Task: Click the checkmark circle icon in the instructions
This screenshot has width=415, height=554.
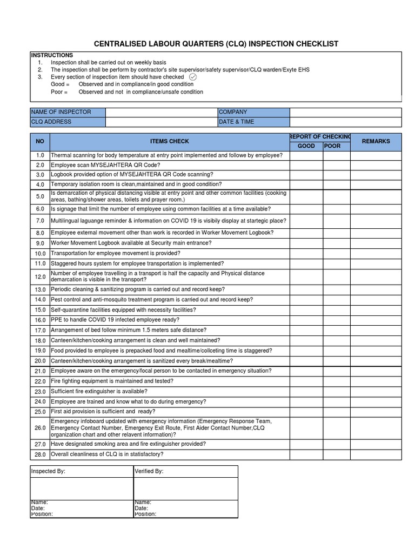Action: [x=193, y=77]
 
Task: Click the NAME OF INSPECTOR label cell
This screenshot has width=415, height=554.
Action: [x=68, y=112]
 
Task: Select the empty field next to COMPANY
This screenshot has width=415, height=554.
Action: [x=345, y=112]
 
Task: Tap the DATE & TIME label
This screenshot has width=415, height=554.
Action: [x=253, y=122]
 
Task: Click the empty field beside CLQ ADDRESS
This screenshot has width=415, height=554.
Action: [x=161, y=122]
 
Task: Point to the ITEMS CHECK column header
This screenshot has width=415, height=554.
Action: [x=169, y=141]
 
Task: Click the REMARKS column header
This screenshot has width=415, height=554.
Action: [x=376, y=141]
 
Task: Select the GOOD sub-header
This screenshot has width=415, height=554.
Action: [x=306, y=146]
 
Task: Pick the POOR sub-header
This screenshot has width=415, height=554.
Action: [x=332, y=146]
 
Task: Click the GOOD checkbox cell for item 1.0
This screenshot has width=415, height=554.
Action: [x=306, y=156]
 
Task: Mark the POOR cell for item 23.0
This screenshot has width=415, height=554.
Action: [x=337, y=391]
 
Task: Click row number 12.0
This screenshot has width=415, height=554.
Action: [x=40, y=276]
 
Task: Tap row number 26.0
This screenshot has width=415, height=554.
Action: [x=40, y=428]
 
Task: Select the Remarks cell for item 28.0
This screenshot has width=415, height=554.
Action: [x=376, y=454]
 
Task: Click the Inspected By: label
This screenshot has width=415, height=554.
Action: [x=48, y=471]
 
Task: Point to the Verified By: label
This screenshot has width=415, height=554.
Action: [x=149, y=471]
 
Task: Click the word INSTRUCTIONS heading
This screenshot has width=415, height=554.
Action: [x=52, y=55]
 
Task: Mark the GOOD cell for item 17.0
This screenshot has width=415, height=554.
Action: [x=306, y=330]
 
